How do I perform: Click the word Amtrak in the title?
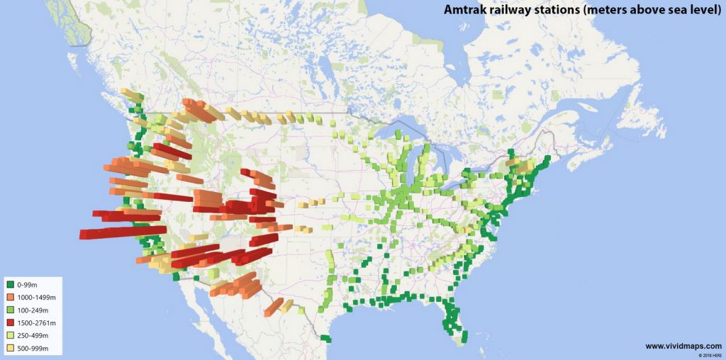tap(464, 10)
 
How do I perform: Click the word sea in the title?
tap(678, 10)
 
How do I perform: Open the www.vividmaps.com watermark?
tap(683, 346)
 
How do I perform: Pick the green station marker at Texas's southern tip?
tap(325, 338)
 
